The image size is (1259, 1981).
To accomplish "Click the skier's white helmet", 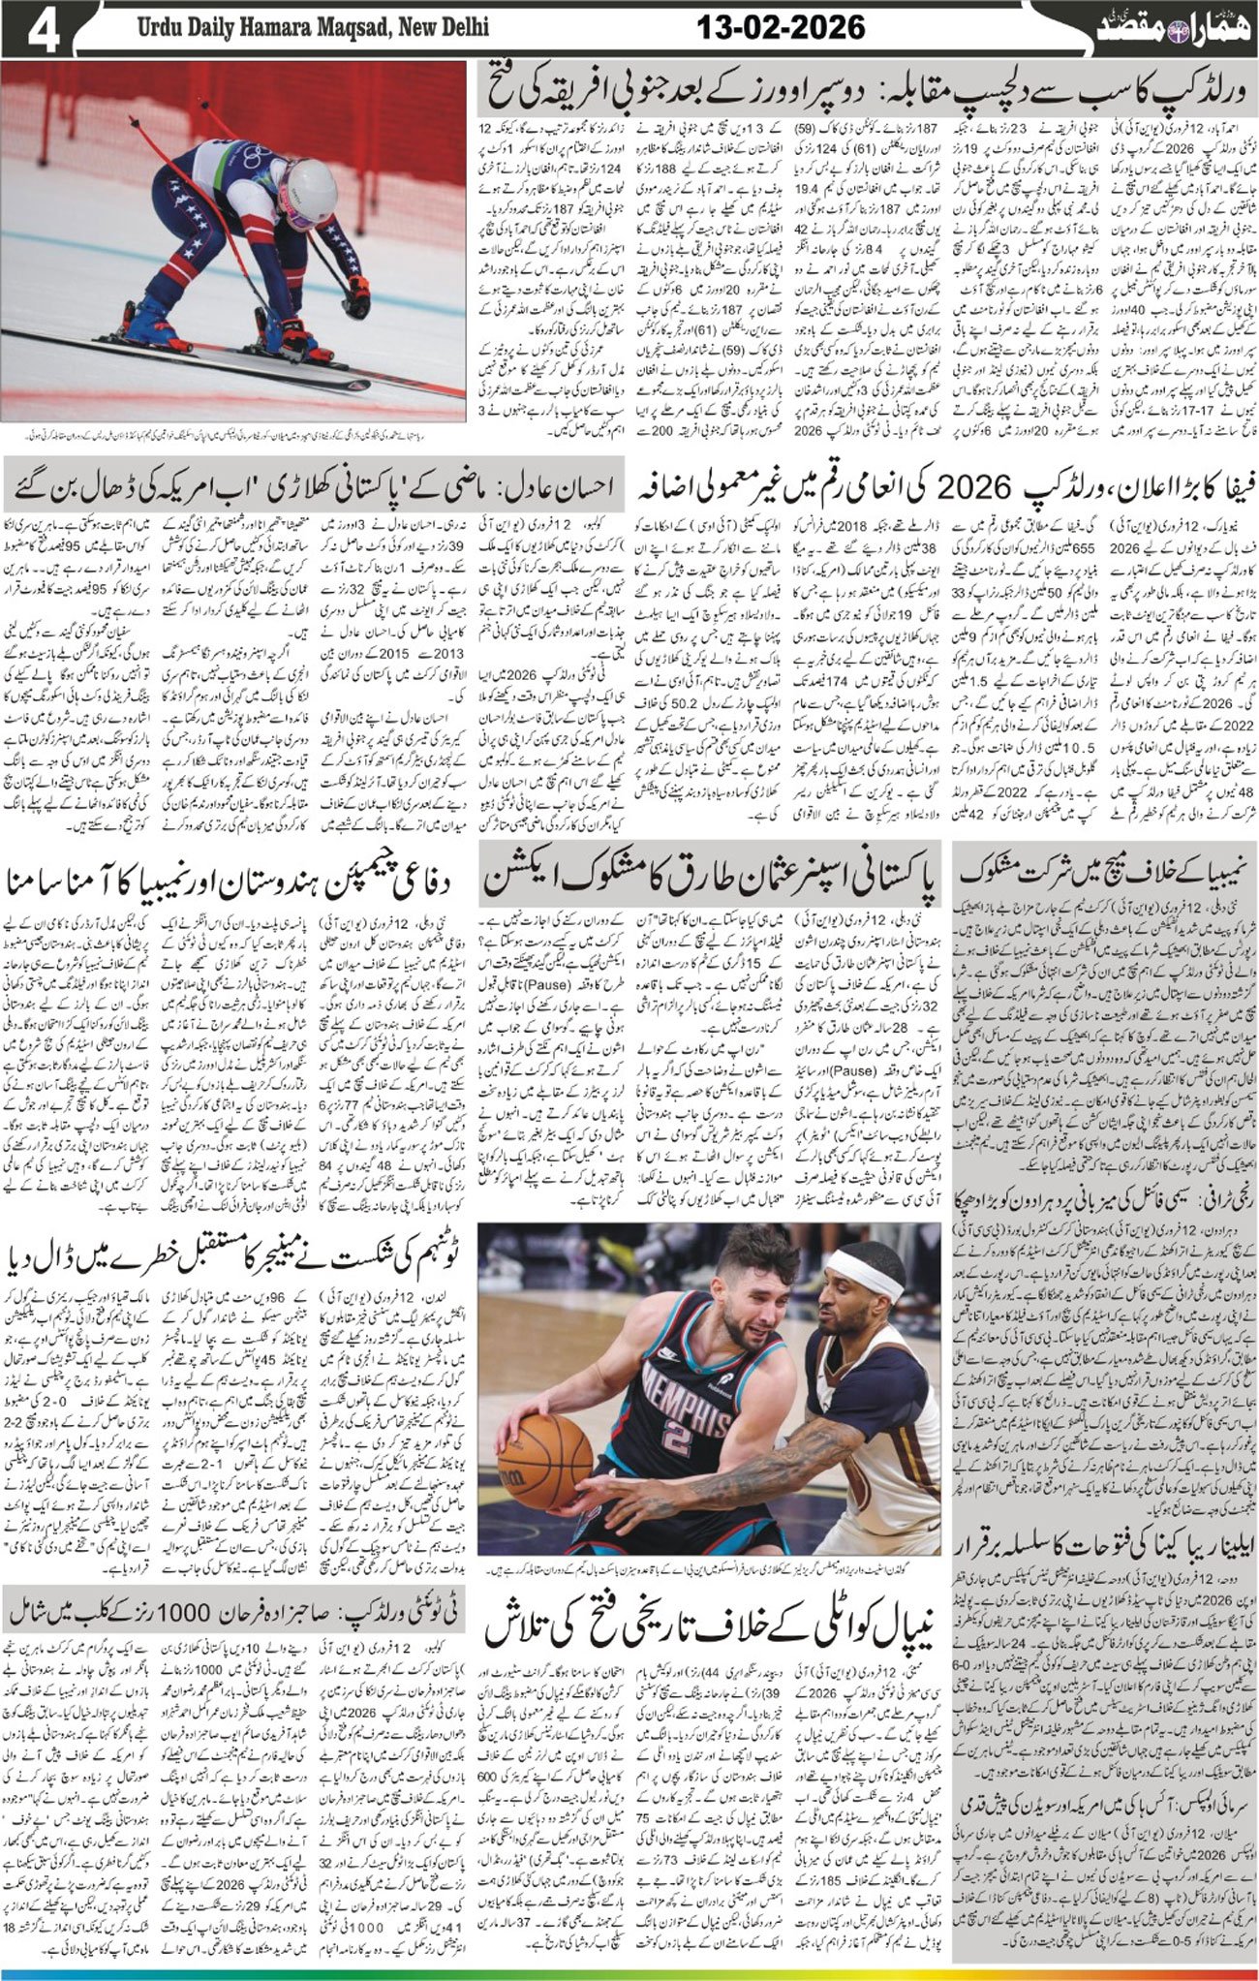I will pyautogui.click(x=311, y=183).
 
